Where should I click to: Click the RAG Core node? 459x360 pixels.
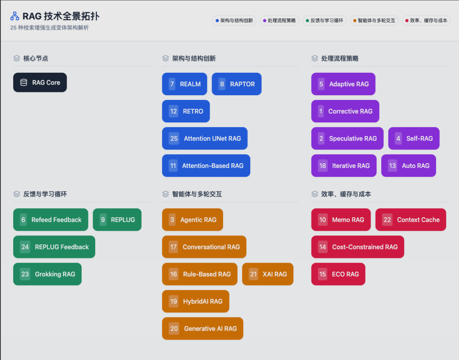pos(40,82)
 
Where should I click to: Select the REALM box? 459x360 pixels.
pos(184,84)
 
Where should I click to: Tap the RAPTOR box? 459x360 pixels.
pos(236,84)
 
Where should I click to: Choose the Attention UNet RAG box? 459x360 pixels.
pos(204,139)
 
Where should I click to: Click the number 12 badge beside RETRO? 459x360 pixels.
pos(173,111)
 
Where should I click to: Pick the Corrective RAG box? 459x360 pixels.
pos(345,111)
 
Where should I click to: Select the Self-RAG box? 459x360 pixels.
pos(414,139)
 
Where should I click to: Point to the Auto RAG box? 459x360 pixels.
pos(408,166)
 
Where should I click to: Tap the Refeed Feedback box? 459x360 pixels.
pos(51,220)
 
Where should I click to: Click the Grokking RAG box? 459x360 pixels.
pos(47,274)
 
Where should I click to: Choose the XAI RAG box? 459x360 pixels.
pos(268,274)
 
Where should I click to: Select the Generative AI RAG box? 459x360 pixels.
pos(202,329)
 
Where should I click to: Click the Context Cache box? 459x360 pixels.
pos(411,220)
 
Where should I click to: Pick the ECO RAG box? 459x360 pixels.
pos(338,274)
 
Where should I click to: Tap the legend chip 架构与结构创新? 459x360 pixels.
pos(234,20)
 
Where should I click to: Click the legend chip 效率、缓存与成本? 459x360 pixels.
pos(426,20)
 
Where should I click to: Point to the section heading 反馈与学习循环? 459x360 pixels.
pos(45,194)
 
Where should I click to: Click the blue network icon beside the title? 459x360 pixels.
pos(15,17)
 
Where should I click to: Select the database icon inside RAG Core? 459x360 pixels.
pos(24,82)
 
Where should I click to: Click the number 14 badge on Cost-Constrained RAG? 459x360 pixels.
pos(323,247)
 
